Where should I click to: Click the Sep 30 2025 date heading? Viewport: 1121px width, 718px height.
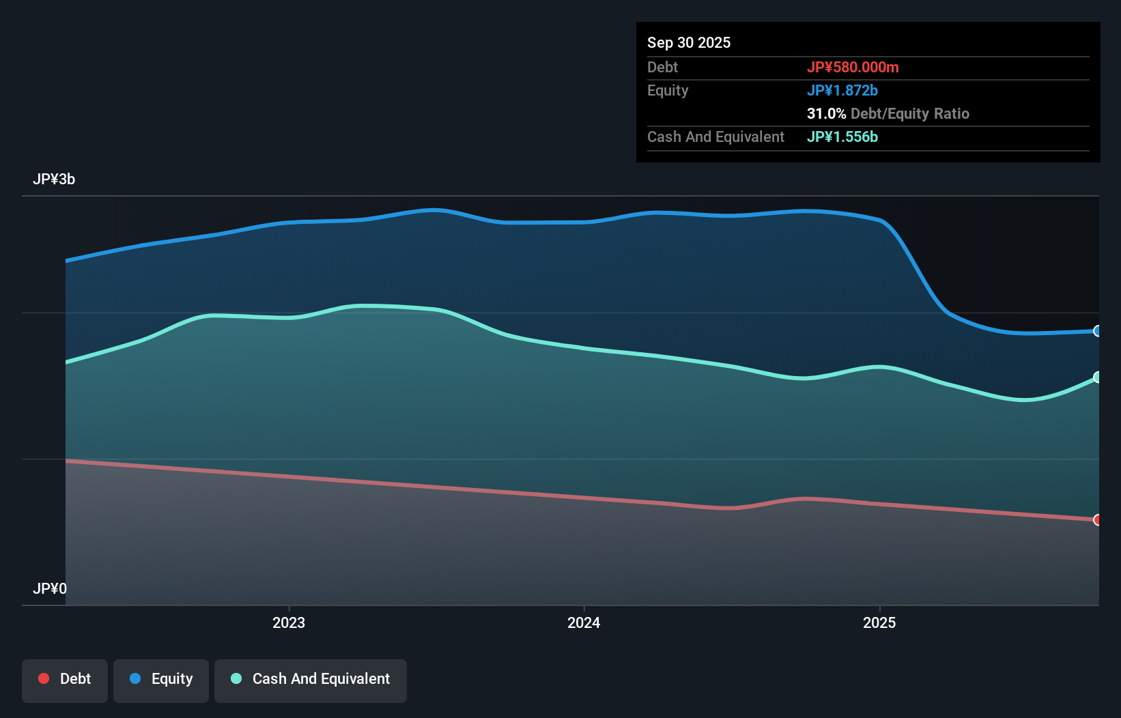pos(688,42)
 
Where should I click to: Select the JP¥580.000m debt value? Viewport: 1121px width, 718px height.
pos(852,67)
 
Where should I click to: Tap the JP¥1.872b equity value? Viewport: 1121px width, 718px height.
pos(842,90)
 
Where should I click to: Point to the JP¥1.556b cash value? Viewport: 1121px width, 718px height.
pos(842,137)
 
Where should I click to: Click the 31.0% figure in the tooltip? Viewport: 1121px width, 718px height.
pos(826,113)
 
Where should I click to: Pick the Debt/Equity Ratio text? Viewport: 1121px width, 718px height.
pos(909,113)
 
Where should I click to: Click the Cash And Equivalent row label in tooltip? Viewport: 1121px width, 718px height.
pos(715,137)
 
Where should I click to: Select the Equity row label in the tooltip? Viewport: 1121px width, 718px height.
pos(667,90)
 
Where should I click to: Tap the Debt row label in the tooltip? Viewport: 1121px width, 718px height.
pos(662,67)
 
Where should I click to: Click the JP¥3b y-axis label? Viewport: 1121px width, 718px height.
pos(54,179)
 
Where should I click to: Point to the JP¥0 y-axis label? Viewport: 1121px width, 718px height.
pos(50,588)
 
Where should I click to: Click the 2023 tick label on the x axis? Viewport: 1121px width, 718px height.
pos(289,622)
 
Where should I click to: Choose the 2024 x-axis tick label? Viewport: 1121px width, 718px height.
pos(584,622)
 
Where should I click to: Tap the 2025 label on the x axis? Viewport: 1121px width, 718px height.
pos(879,622)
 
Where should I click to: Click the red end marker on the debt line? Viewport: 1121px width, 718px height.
pos(1097,520)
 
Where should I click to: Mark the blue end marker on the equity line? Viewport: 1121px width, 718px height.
pos(1097,331)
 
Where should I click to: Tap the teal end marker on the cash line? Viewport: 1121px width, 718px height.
pos(1097,377)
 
